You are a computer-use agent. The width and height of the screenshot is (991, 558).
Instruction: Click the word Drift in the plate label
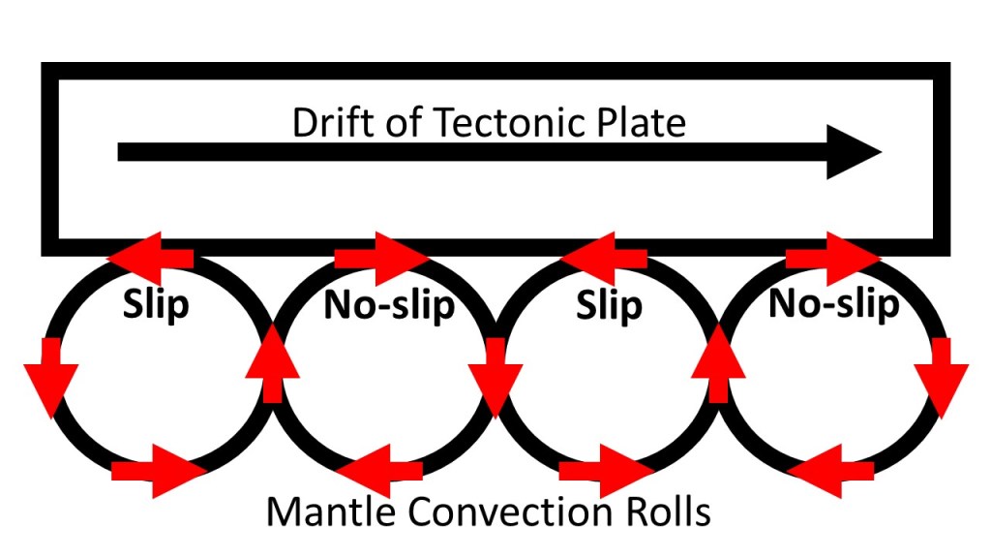(327, 123)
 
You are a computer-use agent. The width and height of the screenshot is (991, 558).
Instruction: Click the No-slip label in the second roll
(389, 305)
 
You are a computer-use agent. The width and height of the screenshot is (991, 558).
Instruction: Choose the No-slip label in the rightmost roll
(833, 304)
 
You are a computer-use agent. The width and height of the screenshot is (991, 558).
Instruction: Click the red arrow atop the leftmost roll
(150, 258)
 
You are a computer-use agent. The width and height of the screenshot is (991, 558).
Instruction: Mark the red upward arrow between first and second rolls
(270, 364)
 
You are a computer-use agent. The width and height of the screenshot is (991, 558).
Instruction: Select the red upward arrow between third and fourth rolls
(721, 364)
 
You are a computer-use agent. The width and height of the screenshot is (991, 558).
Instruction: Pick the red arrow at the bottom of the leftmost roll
(160, 472)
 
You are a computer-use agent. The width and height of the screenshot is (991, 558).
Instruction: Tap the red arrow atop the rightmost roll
(832, 258)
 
